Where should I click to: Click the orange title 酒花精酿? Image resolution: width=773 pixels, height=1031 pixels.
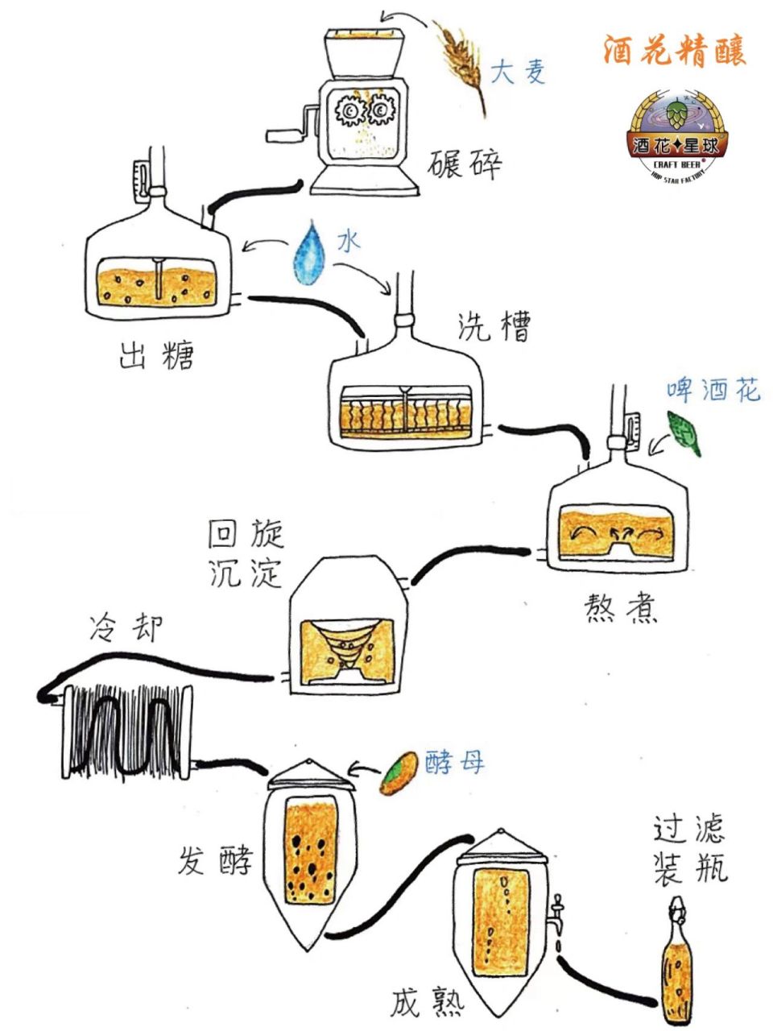(675, 49)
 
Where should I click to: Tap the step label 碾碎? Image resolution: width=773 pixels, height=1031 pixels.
(465, 164)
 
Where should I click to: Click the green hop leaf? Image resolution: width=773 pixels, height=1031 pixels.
(684, 434)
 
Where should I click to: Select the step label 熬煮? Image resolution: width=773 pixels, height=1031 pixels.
(620, 610)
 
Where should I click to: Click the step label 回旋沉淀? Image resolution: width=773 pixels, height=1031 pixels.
(245, 554)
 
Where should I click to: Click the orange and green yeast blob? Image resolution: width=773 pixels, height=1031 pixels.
(399, 773)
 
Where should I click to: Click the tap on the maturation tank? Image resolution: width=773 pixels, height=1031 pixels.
(557, 913)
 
